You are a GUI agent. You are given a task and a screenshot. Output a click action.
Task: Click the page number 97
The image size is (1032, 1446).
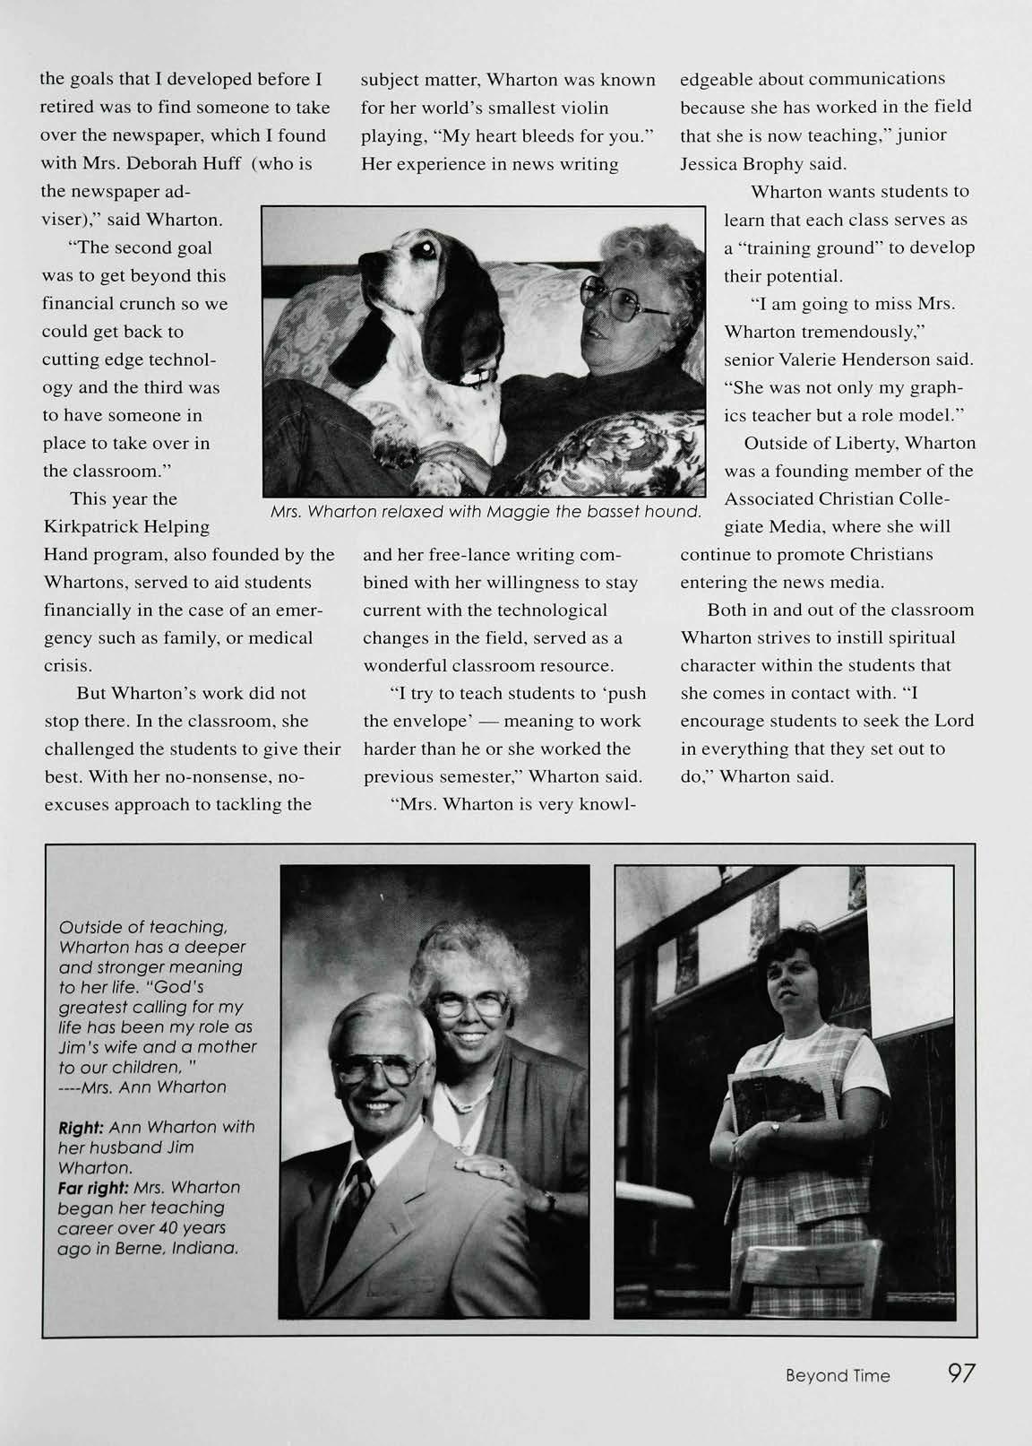click(x=961, y=1372)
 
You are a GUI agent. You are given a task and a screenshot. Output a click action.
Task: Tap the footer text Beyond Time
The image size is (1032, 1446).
click(x=838, y=1375)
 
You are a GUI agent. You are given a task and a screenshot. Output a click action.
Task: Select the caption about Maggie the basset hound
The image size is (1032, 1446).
click(x=485, y=512)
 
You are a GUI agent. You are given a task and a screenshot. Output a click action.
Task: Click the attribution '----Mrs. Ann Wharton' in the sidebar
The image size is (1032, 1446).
click(x=143, y=1087)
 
